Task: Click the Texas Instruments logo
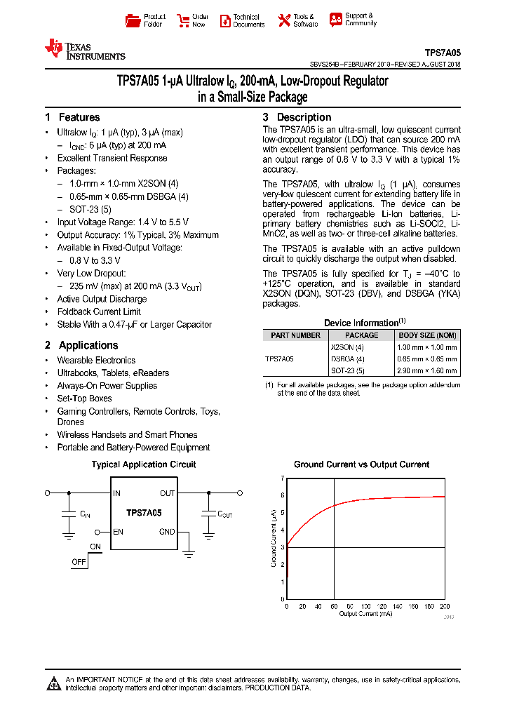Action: (x=84, y=50)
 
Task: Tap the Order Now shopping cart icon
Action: (x=183, y=20)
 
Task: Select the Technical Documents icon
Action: (x=225, y=20)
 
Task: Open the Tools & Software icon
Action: (x=284, y=20)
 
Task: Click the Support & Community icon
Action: (x=336, y=20)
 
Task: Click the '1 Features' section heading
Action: (x=72, y=117)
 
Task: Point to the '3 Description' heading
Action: (x=297, y=117)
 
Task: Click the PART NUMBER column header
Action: (x=295, y=335)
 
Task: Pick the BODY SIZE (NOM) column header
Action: (x=427, y=335)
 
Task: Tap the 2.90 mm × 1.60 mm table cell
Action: (x=427, y=370)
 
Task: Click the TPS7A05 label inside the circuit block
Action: (x=144, y=513)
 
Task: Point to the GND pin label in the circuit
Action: (x=167, y=532)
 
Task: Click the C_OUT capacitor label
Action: (x=224, y=514)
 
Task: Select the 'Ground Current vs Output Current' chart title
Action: (x=361, y=464)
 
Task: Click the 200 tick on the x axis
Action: (x=444, y=606)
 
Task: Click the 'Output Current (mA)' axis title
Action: (x=366, y=614)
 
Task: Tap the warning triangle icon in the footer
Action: (x=54, y=683)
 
